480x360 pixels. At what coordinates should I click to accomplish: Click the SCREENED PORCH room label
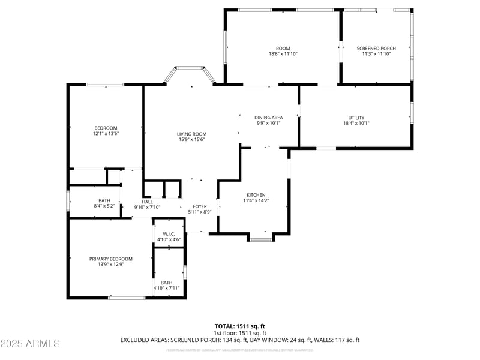click(x=376, y=48)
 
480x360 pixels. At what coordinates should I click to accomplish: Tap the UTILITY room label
click(x=356, y=118)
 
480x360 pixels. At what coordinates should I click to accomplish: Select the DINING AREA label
click(x=268, y=118)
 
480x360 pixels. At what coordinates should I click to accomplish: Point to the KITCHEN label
click(x=256, y=195)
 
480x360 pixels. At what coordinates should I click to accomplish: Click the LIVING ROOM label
click(x=191, y=134)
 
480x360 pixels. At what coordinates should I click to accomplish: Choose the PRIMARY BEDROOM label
click(x=111, y=259)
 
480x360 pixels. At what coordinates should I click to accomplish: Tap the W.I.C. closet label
click(x=169, y=234)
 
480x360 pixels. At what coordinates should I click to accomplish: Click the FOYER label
click(x=200, y=206)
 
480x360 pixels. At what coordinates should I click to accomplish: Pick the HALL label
click(x=147, y=202)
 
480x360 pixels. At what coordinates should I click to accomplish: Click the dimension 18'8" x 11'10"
click(x=283, y=54)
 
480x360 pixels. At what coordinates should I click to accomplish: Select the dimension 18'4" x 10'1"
click(x=356, y=124)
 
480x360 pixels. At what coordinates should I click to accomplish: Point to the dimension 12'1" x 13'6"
click(x=106, y=134)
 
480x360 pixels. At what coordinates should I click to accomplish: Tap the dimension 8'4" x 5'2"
click(x=104, y=206)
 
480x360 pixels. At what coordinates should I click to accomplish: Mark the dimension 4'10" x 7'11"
click(x=166, y=288)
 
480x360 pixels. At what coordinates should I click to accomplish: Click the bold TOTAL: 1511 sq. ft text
click(x=239, y=326)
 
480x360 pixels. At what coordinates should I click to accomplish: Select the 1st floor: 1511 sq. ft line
click(x=239, y=333)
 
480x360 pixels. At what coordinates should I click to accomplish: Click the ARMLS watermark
click(x=30, y=344)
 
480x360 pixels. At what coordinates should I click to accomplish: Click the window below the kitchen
click(x=260, y=240)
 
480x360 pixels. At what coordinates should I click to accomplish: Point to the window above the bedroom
click(x=105, y=85)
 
